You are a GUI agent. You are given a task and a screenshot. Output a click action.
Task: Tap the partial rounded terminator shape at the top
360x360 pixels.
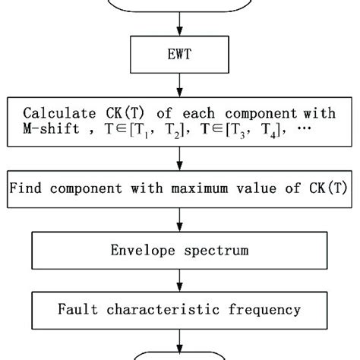(180, 6)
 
